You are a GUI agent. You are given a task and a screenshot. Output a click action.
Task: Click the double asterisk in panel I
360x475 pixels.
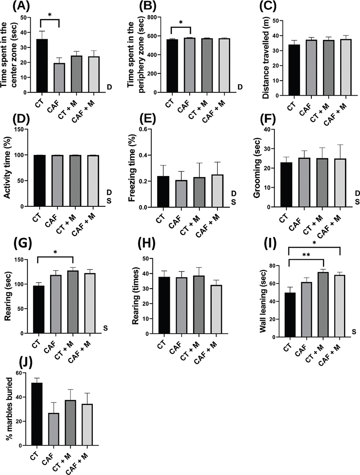(x=306, y=254)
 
